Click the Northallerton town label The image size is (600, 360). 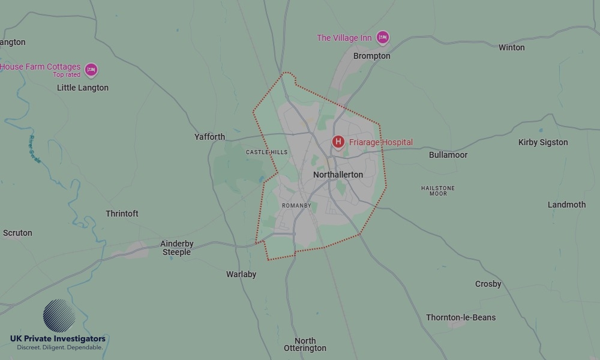(338, 175)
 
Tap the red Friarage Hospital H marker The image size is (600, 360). (338, 142)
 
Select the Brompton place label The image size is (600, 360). (371, 56)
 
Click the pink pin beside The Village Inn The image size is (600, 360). (383, 38)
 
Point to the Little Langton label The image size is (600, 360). (83, 88)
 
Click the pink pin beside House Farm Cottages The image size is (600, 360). (91, 70)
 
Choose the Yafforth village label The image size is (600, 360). (209, 137)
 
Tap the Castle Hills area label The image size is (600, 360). (266, 152)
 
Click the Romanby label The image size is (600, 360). (296, 206)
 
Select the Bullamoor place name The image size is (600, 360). (448, 155)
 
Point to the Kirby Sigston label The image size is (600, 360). (543, 142)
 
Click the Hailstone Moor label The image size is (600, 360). (438, 191)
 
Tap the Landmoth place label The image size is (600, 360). (566, 205)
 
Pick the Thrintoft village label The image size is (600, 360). (122, 214)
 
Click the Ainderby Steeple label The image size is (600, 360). (177, 248)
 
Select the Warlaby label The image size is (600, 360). (241, 274)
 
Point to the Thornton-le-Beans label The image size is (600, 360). (461, 317)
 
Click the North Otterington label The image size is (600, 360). (305, 344)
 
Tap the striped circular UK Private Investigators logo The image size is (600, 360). (59, 316)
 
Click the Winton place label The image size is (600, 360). (511, 47)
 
